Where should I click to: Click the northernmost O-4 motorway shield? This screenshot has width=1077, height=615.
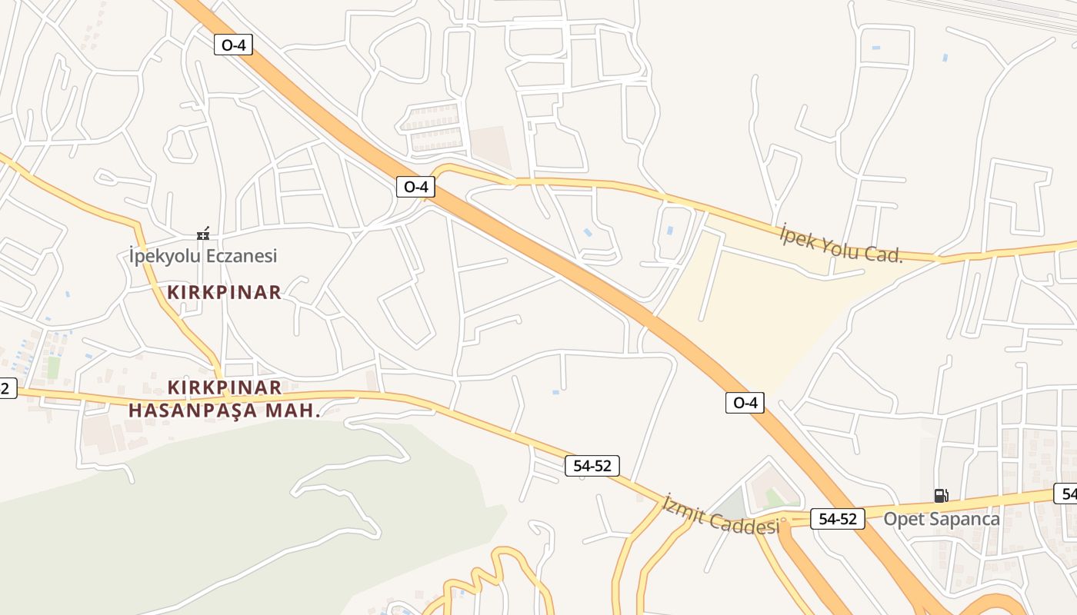[233, 45]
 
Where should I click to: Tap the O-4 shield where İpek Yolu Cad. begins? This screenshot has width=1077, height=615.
[415, 186]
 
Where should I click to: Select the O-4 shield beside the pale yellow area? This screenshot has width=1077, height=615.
[745, 402]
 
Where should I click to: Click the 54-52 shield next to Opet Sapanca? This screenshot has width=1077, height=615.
[838, 519]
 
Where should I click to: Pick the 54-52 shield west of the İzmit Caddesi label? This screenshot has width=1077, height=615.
[592, 465]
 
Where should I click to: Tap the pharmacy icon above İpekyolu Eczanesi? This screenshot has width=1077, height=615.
[203, 233]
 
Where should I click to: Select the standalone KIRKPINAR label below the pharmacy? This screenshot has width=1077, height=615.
[225, 292]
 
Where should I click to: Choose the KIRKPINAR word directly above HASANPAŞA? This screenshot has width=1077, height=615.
[225, 387]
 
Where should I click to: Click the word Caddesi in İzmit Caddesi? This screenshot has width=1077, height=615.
[745, 525]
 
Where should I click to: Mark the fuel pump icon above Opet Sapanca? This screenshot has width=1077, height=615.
[941, 496]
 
